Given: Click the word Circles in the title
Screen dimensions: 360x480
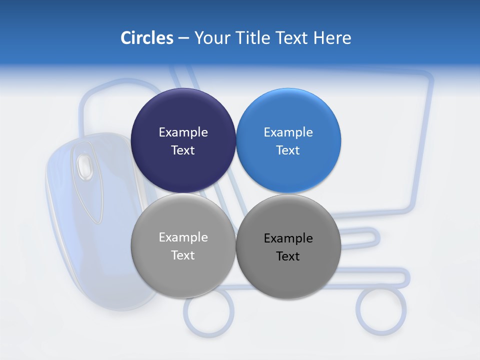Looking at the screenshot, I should [146, 38].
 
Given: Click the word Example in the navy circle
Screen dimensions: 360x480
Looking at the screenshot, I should [183, 132].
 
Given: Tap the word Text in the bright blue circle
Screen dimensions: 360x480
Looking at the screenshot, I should [288, 150].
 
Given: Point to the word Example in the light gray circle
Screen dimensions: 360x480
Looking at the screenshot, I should [183, 237].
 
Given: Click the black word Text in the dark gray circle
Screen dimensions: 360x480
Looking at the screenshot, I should [288, 256].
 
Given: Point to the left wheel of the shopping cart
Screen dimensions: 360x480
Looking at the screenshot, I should [208, 312].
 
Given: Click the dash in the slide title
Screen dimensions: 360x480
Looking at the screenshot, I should [183, 38].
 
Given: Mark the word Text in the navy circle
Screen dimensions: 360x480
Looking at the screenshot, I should [183, 150].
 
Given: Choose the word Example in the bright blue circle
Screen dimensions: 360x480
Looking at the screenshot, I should [288, 132].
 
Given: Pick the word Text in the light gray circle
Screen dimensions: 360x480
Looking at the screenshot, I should [183, 255].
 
